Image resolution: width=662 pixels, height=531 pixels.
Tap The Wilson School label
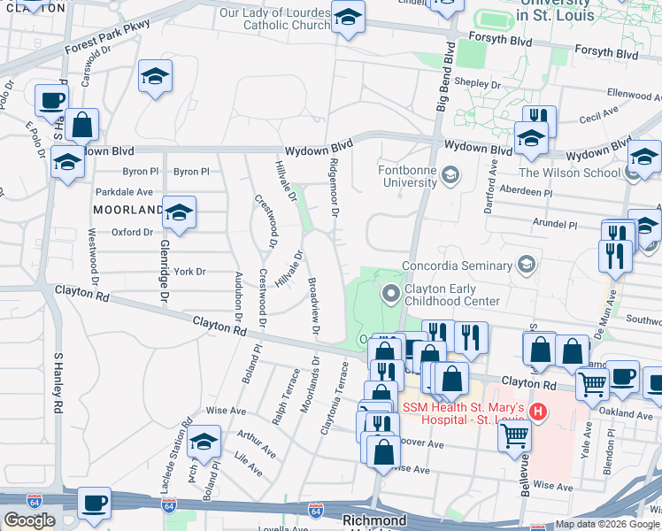click(569, 173)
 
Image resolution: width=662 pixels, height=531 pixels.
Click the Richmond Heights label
click(375, 520)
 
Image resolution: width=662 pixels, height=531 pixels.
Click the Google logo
click(29, 520)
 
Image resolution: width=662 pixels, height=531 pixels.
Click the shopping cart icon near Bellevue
click(513, 434)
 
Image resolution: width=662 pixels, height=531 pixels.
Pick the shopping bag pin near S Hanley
click(81, 125)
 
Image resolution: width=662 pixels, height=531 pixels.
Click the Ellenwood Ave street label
click(635, 94)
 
